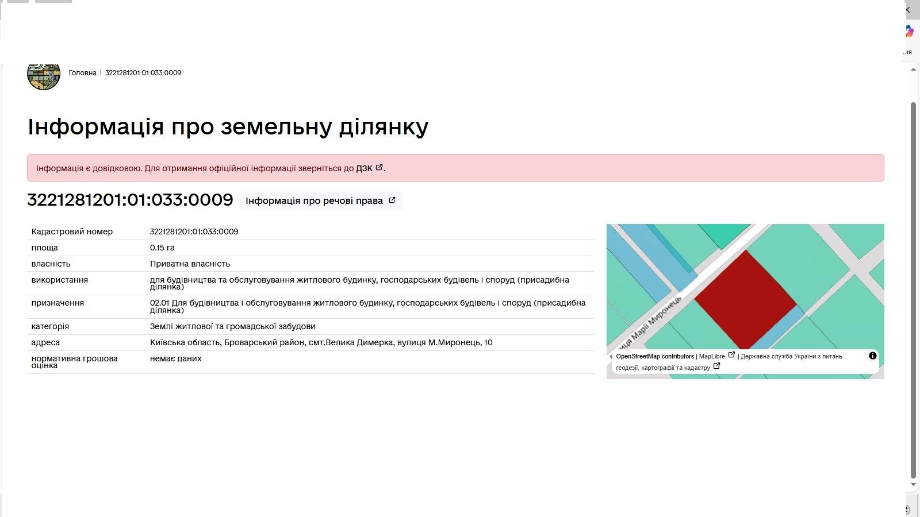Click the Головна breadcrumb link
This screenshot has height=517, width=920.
[x=83, y=73]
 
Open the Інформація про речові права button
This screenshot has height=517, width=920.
[x=320, y=200]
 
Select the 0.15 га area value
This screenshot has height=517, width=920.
[x=162, y=248]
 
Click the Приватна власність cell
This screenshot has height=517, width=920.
[x=190, y=264]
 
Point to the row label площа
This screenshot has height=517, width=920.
[x=44, y=248]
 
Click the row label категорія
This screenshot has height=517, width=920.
[x=50, y=327]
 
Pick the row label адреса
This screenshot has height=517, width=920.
[x=45, y=342]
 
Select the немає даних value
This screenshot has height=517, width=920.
[x=176, y=358]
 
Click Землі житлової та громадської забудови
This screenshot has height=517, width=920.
[x=232, y=327]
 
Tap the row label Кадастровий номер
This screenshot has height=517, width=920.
[x=72, y=232]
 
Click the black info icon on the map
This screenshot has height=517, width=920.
[x=873, y=356]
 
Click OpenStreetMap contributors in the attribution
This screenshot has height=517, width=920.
[x=655, y=357]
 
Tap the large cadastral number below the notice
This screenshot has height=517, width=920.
[x=130, y=200]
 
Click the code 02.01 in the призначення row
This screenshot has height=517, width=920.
[x=159, y=303]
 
